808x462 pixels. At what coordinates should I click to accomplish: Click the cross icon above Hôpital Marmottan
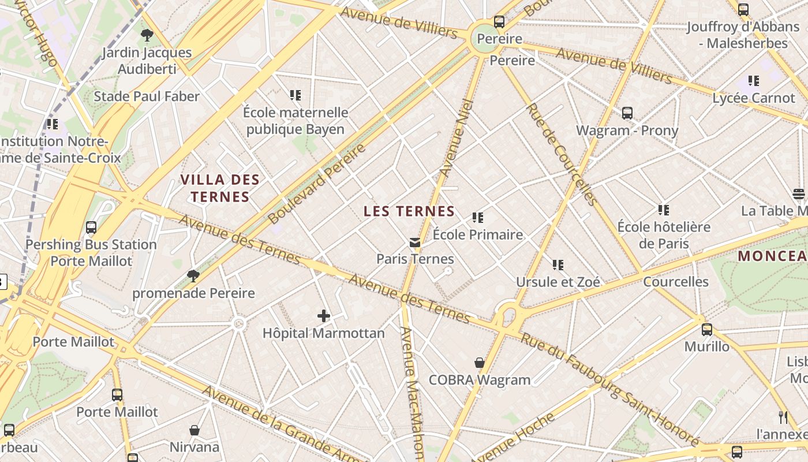pos(324,316)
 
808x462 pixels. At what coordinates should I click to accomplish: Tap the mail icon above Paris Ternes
pos(415,243)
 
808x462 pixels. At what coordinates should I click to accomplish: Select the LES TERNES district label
pos(409,211)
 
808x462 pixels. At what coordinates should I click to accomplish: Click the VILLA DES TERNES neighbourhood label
pos(220,188)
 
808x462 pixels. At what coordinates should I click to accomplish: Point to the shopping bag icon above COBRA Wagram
pos(480,363)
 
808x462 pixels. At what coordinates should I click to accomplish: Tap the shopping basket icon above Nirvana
pos(194,430)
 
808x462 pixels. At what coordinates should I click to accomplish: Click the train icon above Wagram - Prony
pos(627,113)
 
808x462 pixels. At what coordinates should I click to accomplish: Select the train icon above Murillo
pos(707,330)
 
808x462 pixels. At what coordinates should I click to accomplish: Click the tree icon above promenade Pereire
pos(193,276)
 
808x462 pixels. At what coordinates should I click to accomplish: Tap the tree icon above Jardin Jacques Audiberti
pos(147,35)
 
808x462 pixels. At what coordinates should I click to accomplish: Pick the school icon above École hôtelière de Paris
pos(664,210)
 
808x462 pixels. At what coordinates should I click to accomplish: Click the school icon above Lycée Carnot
pos(754,81)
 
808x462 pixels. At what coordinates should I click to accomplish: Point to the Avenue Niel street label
pos(457,137)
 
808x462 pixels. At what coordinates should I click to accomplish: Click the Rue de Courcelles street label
pos(561,154)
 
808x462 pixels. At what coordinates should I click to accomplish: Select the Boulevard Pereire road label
pos(317,184)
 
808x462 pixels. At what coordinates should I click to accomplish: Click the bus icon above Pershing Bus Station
pos(91,228)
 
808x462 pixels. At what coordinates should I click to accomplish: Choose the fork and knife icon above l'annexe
pos(783,417)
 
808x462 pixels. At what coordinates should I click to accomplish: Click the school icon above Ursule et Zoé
pos(558,265)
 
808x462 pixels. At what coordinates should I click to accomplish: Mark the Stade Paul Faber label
pos(147,96)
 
